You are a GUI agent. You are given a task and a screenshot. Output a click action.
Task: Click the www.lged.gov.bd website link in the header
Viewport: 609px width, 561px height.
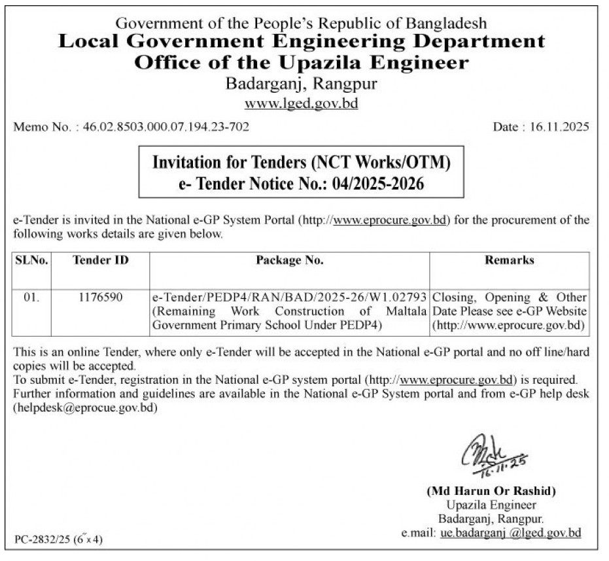click(301, 104)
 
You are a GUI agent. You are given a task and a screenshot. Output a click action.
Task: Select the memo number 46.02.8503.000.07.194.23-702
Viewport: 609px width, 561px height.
click(166, 127)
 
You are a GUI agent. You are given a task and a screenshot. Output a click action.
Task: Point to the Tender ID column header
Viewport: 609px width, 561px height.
click(100, 260)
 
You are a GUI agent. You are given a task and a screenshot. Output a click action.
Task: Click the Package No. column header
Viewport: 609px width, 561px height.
click(289, 260)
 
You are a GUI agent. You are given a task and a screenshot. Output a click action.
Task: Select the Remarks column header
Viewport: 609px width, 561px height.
click(509, 260)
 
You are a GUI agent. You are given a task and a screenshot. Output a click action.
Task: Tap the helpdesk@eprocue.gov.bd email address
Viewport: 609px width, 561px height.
click(86, 407)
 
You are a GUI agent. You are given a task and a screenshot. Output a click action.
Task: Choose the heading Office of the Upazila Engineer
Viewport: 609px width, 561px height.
click(301, 63)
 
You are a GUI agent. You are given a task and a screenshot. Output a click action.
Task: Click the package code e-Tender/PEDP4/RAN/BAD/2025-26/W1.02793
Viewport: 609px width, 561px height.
click(289, 297)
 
